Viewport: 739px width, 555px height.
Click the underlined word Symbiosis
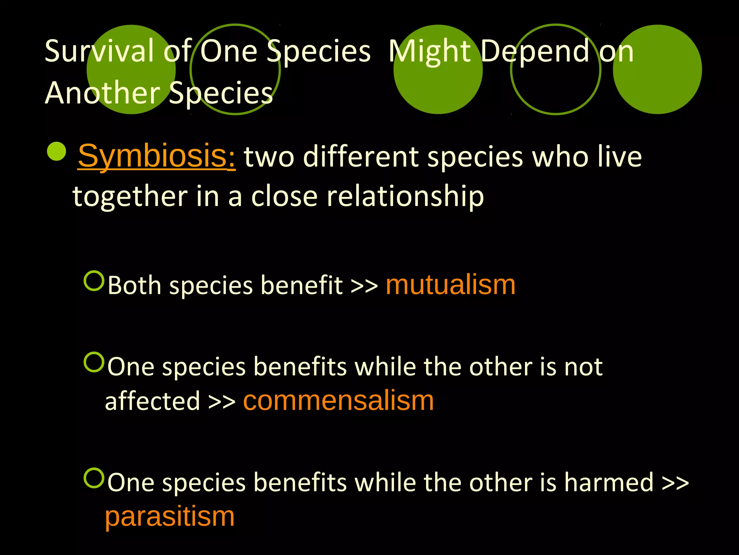(x=157, y=156)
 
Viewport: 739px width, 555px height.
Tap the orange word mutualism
(x=450, y=285)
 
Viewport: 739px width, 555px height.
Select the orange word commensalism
(x=338, y=401)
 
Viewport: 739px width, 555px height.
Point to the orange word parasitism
(x=170, y=516)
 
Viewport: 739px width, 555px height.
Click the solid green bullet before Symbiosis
(x=57, y=151)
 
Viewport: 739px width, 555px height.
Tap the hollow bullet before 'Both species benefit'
(x=94, y=281)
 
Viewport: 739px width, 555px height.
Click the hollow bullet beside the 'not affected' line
(x=94, y=362)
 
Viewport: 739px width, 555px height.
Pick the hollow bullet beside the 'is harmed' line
(x=94, y=478)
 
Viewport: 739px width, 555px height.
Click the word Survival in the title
(x=100, y=51)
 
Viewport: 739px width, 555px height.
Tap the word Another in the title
(x=102, y=93)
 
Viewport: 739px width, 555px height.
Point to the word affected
(x=152, y=401)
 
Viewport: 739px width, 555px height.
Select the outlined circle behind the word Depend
(x=556, y=69)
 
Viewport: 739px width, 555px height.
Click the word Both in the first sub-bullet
(x=134, y=285)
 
